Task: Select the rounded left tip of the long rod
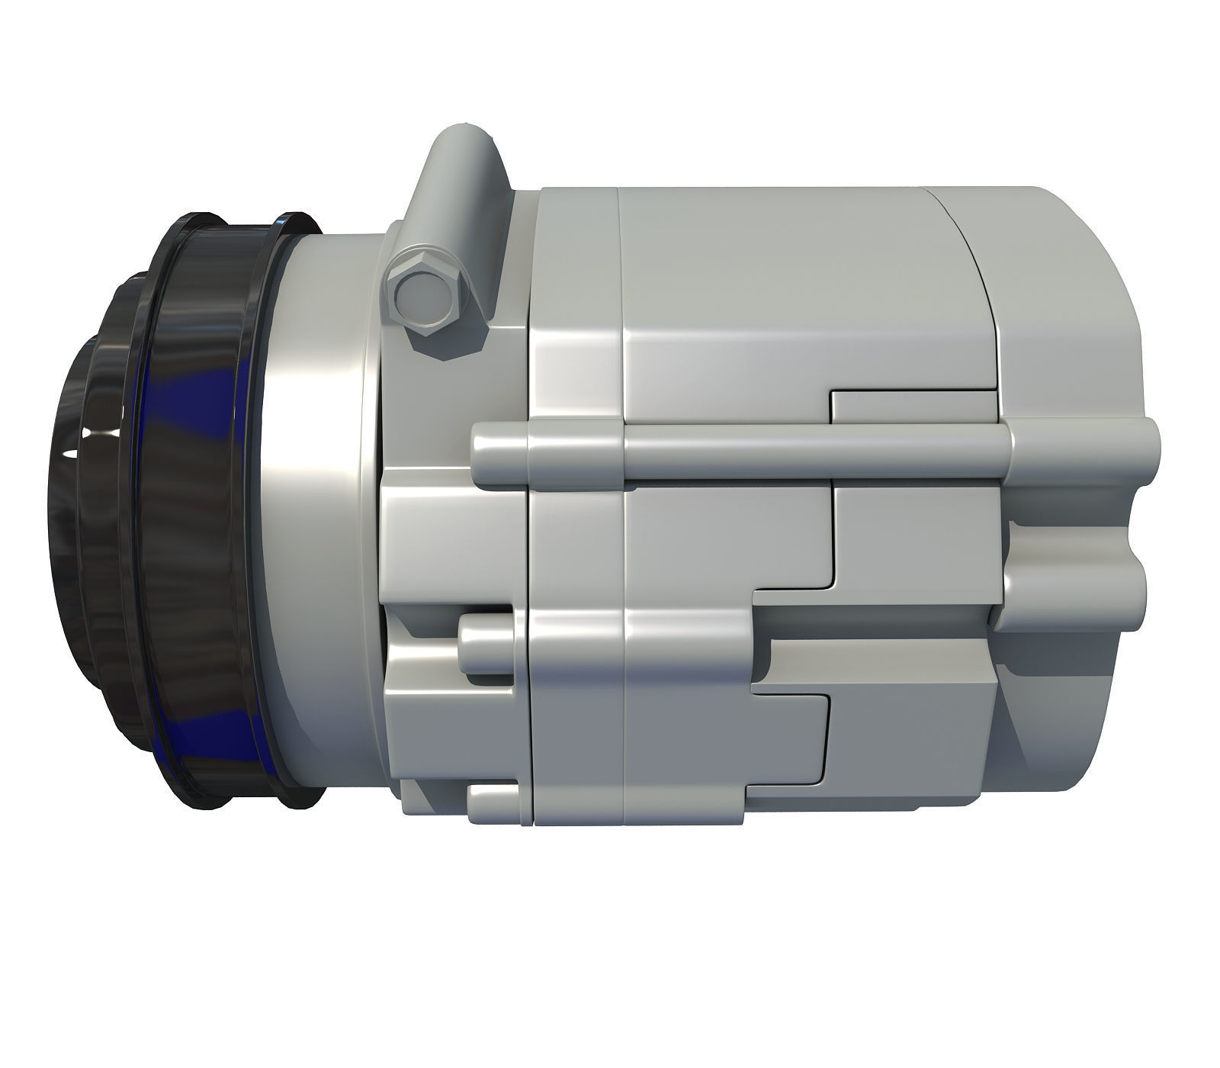click(x=482, y=456)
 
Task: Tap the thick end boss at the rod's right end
click(x=1083, y=450)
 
